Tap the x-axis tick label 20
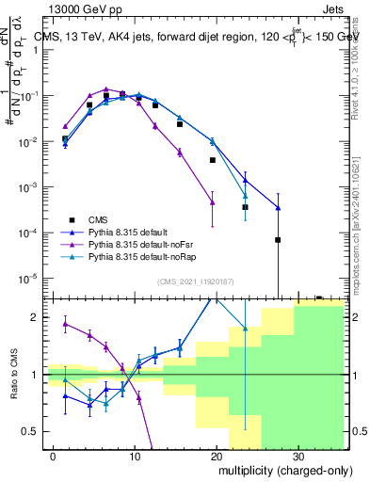[216, 454]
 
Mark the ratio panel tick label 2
[40, 317]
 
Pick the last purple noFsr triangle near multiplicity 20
[213, 202]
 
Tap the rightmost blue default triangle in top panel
[278, 208]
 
